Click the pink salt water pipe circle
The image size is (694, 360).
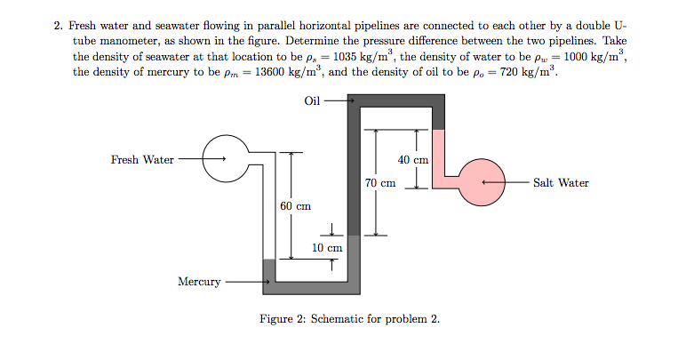click(479, 183)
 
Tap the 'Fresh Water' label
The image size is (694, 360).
click(142, 160)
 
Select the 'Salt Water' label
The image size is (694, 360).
click(561, 183)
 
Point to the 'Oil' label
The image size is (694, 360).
click(312, 100)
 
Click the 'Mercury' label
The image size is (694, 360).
click(199, 282)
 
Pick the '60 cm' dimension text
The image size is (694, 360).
click(295, 206)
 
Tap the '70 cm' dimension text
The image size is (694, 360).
click(379, 183)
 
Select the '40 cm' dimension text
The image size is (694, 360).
click(413, 160)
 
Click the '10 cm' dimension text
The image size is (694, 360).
click(327, 247)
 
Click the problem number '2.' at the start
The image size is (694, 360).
click(59, 26)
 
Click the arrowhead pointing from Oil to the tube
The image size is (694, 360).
click(351, 100)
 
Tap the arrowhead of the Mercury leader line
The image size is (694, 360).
click(264, 283)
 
